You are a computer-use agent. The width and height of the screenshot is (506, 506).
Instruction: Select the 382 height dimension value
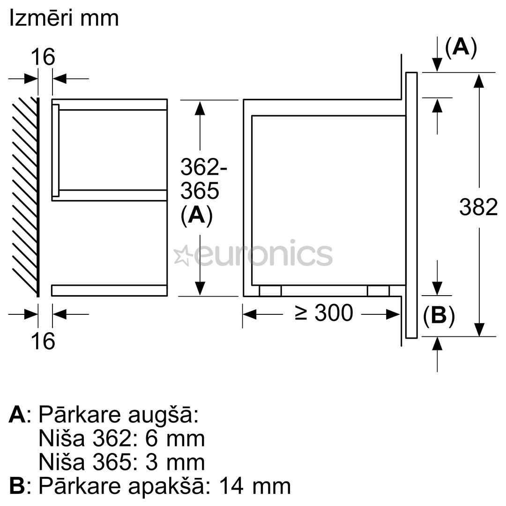478,207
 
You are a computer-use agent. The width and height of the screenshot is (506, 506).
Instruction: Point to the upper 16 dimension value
43,57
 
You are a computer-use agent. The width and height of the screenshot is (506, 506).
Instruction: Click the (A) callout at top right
461,47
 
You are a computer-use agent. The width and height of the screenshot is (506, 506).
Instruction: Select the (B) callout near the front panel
439,317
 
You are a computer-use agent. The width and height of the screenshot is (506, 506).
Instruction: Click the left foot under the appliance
270,291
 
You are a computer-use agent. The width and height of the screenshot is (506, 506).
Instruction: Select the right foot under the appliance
378,291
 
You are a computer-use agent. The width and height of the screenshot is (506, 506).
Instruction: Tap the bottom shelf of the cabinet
109,290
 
